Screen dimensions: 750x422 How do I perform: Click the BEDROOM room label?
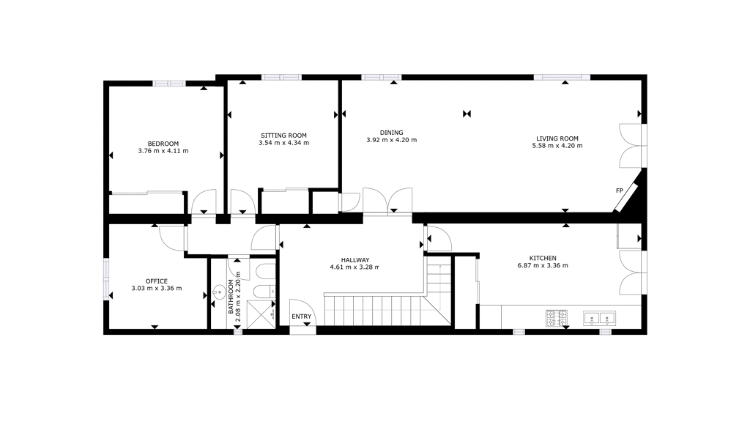163,144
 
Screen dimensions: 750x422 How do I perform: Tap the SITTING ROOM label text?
283,136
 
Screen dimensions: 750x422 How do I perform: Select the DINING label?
392,133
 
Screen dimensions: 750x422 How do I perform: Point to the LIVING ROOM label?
557,138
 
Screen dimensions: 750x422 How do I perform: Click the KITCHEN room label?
543,258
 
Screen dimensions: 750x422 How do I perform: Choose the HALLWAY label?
355,260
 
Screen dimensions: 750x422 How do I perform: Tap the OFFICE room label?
157,281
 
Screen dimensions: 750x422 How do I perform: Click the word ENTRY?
301,316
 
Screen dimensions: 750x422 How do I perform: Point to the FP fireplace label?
620,190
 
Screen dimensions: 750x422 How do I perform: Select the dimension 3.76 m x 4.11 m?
163,151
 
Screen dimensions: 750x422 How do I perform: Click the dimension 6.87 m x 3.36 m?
543,265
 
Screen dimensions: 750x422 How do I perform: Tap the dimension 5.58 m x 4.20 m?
557,146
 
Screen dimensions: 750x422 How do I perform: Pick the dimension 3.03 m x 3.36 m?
157,288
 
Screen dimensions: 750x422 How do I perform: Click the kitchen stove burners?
557,318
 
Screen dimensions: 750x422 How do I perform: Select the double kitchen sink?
599,318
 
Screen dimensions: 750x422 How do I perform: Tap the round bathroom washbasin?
219,291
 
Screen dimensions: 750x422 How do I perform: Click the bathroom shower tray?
261,315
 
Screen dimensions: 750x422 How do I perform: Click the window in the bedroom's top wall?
169,84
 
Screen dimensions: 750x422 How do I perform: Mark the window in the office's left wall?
106,279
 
